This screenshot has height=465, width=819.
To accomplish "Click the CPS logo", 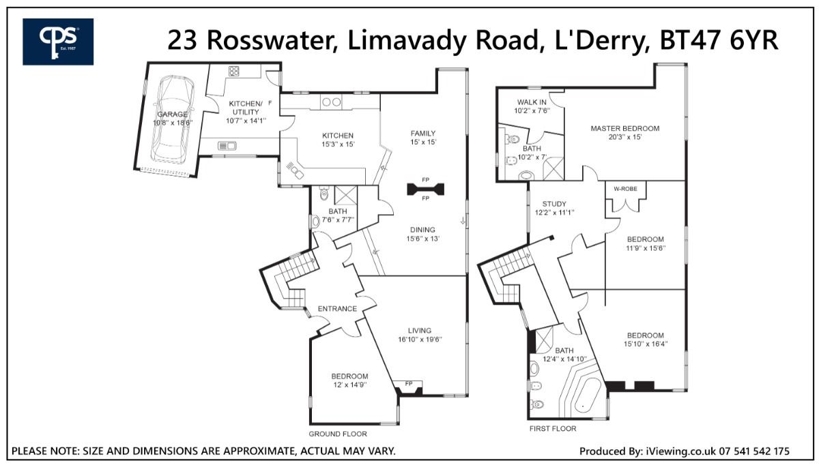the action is pos(58,42).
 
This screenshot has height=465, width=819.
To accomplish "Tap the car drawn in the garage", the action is pos(172,119).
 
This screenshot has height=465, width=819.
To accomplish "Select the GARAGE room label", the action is pos(172,115).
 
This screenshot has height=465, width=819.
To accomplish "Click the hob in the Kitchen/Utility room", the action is pos(233,71).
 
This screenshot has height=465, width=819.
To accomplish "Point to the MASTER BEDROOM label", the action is pos(625,129).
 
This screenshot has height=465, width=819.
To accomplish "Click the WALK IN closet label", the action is pos(532,102).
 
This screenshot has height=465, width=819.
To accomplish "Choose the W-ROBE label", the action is pos(625,189).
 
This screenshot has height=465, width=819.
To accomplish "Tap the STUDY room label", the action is pos(554,204).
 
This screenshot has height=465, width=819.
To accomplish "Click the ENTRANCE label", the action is pos(337,309).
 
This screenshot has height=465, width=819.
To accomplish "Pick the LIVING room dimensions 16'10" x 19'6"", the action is pos(420,340).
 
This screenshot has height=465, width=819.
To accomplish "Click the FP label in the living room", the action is pos(409,384).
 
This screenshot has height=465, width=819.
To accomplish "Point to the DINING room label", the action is pos(422,230).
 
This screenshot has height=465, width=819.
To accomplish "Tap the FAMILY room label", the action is pos(423,134).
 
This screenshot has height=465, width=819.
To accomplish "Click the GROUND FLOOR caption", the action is pos(337,434).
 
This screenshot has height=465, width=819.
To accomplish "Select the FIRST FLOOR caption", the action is pos(553,428).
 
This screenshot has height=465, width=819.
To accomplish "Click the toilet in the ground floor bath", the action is pos(324,193).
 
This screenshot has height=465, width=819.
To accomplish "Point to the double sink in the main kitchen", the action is pos(331,102).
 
